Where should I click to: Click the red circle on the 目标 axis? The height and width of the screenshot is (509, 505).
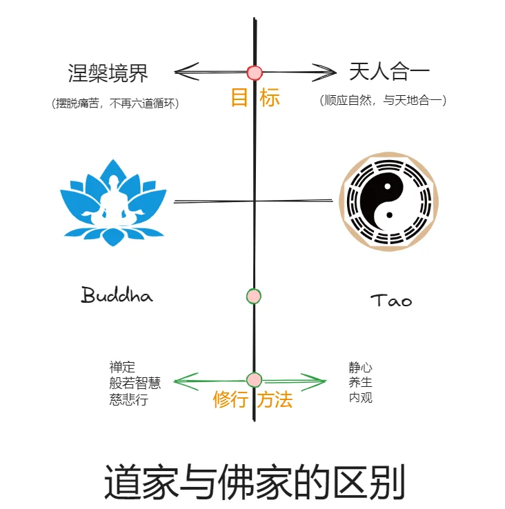click(x=255, y=72)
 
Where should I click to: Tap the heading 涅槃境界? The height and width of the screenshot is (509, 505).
click(x=108, y=72)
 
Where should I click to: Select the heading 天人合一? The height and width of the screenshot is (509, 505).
click(x=388, y=72)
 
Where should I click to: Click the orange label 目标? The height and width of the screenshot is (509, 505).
click(x=255, y=98)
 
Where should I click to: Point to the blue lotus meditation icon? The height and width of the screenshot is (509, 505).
click(x=112, y=201)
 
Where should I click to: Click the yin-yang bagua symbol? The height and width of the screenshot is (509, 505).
click(x=388, y=201)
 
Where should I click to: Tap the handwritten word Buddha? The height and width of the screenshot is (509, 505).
click(x=117, y=296)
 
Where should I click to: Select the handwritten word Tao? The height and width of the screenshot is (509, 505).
click(x=391, y=301)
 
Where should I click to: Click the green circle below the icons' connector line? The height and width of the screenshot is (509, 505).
click(x=254, y=296)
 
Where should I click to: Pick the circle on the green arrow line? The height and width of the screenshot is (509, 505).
click(x=254, y=379)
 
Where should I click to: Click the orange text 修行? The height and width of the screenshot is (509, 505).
click(x=230, y=400)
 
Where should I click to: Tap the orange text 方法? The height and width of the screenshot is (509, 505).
click(x=275, y=400)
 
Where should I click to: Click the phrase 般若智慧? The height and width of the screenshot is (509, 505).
click(x=135, y=383)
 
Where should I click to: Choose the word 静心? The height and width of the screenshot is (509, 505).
click(x=361, y=368)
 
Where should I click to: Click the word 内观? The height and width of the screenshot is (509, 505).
click(x=361, y=398)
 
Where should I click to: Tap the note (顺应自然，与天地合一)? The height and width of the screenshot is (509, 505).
click(x=384, y=101)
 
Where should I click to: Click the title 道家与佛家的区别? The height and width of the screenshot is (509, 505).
click(x=254, y=481)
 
